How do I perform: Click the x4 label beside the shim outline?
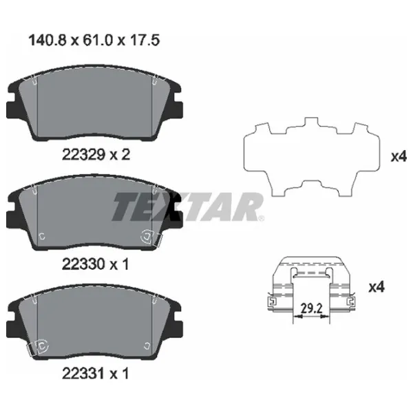399,157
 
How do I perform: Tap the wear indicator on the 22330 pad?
149,236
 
